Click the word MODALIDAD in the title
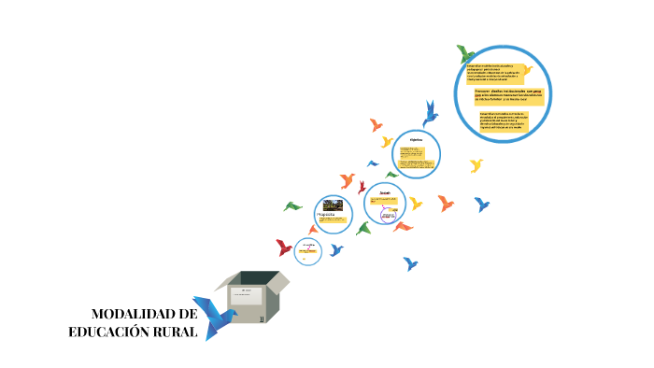136,315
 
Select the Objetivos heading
417,140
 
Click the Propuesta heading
326,215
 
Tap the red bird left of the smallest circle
284,248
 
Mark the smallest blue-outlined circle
307,250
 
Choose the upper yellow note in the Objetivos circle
410,152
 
